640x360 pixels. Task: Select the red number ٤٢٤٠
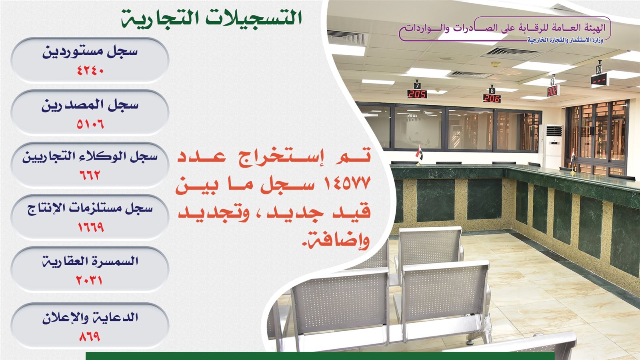coord(90,70)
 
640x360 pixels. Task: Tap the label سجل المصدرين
coord(90,105)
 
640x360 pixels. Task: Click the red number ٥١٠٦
coord(90,124)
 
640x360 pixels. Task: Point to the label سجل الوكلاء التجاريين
coord(90,157)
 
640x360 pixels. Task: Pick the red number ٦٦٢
coord(90,175)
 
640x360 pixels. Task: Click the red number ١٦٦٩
coord(90,228)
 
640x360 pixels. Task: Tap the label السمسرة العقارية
coord(90,262)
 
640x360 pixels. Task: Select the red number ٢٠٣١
coord(89,280)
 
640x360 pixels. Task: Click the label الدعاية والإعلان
coord(90,318)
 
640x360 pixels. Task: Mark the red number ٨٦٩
coord(90,336)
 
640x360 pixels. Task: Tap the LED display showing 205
coord(417,94)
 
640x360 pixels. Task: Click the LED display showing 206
coord(492,98)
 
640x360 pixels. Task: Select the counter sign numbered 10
coord(599,69)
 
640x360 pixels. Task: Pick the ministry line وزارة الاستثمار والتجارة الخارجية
coord(565,40)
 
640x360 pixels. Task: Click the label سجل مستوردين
coord(90,52)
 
